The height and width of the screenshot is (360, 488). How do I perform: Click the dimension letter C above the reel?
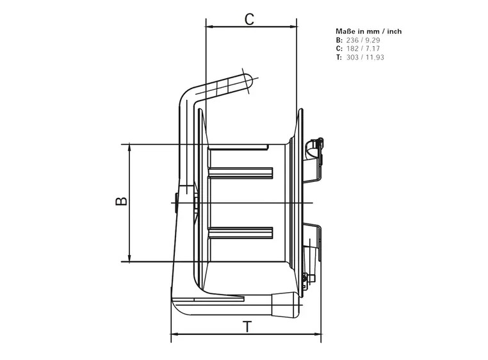point(250,19)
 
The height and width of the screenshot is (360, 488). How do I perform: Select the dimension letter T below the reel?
point(247,326)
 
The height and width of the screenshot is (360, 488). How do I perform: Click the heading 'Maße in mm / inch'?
point(369,31)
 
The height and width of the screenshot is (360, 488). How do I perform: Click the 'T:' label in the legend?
point(339,58)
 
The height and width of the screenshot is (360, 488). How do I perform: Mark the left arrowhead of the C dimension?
point(209,27)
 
